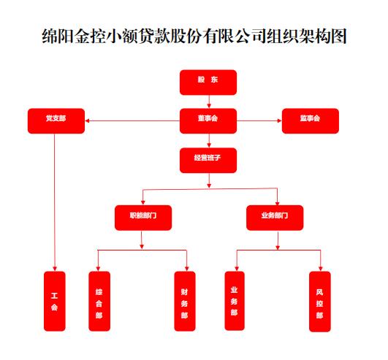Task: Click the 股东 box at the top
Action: (x=208, y=83)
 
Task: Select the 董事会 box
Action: (x=208, y=121)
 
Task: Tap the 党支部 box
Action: (x=56, y=121)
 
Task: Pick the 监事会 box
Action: (x=311, y=121)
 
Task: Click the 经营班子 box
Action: (x=208, y=160)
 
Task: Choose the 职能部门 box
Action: (x=143, y=218)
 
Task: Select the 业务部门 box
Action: (x=275, y=218)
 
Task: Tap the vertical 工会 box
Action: (x=55, y=301)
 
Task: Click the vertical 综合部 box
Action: (x=99, y=301)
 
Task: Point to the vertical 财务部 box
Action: (x=185, y=301)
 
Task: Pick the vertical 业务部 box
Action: (x=235, y=301)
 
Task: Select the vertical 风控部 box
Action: (x=320, y=301)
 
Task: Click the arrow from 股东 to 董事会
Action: (x=209, y=102)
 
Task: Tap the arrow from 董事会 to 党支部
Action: (x=132, y=121)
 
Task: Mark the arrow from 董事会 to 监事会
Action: (x=259, y=121)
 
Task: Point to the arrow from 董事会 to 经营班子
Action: (x=209, y=141)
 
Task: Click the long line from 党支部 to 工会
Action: (x=55, y=202)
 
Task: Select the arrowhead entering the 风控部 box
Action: (x=321, y=269)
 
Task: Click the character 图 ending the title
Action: (x=338, y=36)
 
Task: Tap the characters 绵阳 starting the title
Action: (x=58, y=36)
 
